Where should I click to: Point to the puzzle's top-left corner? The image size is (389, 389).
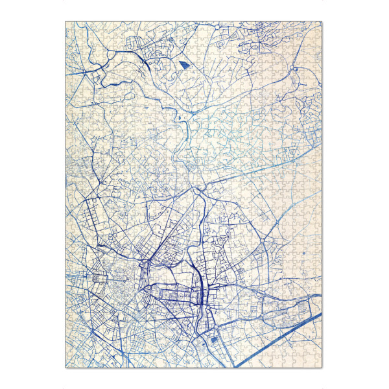(65, 21)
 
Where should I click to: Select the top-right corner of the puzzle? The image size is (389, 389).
(322, 21)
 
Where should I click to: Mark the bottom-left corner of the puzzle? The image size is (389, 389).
(65, 368)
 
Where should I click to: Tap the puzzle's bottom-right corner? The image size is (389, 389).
(322, 368)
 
